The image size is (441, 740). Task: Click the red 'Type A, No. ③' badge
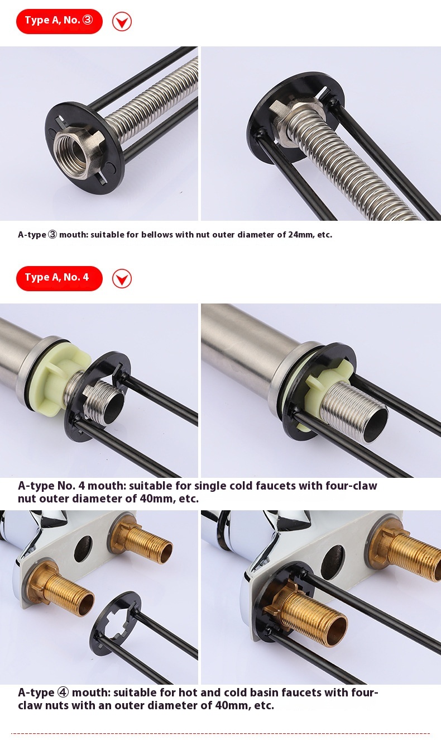point(59,21)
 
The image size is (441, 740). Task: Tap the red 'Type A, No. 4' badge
point(59,278)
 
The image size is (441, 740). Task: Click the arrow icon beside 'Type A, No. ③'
point(122,22)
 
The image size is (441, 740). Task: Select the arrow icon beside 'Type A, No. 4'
point(122,279)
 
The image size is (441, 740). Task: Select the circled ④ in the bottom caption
point(63,692)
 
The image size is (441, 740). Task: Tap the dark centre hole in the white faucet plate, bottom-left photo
point(83,549)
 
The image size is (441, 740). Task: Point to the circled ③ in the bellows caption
point(52,235)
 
